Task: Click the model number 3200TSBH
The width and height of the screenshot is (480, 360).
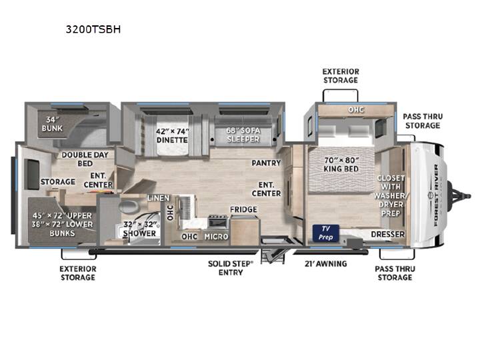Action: [x=93, y=29]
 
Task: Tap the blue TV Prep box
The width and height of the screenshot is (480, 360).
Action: [x=326, y=233]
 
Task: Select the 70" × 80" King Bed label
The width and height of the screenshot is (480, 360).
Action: [x=341, y=165]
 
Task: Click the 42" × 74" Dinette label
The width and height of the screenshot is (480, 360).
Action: [x=172, y=135]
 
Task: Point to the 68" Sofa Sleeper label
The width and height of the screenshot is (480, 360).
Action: [x=243, y=135]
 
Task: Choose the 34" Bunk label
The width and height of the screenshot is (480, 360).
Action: [x=52, y=124]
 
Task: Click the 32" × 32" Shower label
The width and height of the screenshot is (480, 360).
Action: [x=139, y=229]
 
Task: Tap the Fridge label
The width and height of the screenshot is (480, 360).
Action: [x=243, y=209]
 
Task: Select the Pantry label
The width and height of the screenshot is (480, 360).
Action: [x=266, y=163]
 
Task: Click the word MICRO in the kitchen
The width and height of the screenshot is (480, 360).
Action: [x=216, y=236]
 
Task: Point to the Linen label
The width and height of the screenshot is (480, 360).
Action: [x=159, y=198]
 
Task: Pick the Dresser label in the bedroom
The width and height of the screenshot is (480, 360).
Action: [x=387, y=234]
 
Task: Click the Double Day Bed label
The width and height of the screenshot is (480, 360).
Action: [x=85, y=159]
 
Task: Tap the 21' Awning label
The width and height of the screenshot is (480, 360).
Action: [x=326, y=263]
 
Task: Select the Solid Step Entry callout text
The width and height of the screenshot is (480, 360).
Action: [x=231, y=268]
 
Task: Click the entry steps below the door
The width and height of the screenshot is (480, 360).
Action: [x=273, y=256]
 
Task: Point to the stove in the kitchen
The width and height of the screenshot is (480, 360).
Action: [x=217, y=221]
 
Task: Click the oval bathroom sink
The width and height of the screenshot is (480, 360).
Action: [x=129, y=206]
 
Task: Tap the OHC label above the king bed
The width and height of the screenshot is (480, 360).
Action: [x=356, y=109]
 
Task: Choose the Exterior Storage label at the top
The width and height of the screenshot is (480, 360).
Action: [x=341, y=75]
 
